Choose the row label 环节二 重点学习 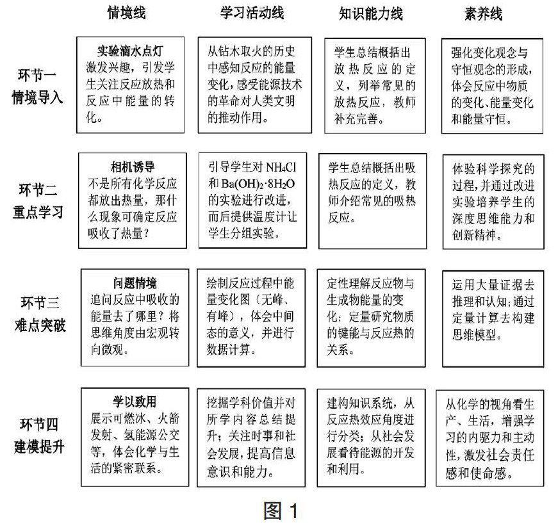39,200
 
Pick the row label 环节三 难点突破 39,312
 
